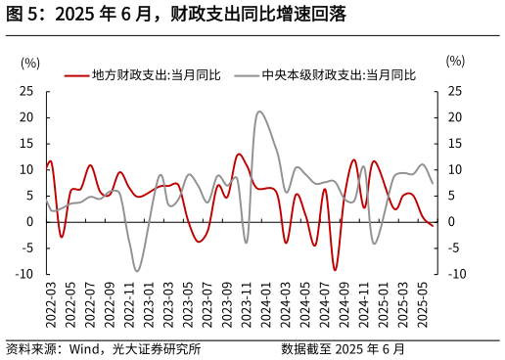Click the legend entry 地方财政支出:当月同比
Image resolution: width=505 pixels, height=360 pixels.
pos(156,74)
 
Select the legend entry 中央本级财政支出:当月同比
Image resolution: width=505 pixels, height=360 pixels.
pos(339,74)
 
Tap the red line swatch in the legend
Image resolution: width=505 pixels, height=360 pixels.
pos(77,74)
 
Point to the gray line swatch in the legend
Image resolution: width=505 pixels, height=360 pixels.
pos(247,74)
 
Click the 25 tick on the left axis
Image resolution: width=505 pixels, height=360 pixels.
pos(26,91)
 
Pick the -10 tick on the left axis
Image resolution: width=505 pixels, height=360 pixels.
pos(24,274)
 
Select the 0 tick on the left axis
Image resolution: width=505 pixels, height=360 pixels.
pos(30,222)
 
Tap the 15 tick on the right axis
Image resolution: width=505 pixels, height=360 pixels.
pos(455,144)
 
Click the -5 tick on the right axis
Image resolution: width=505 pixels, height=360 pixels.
pos(453,247)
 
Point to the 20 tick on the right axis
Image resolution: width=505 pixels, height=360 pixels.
pos(455,117)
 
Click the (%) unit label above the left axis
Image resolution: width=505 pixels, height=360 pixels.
pos(30,63)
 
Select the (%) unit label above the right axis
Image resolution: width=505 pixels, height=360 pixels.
pos(455,61)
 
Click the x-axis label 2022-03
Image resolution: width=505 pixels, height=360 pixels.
pos(50,303)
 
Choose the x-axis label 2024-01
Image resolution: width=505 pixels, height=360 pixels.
pos(265,303)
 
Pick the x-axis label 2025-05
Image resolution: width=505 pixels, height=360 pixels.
pos(422,303)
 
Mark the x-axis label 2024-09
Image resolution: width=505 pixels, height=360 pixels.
pos(344,303)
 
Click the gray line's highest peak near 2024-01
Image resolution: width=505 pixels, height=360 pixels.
pos(259,112)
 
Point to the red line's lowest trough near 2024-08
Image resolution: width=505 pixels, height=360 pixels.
pos(335,270)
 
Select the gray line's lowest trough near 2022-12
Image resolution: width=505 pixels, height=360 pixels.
pos(137,271)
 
